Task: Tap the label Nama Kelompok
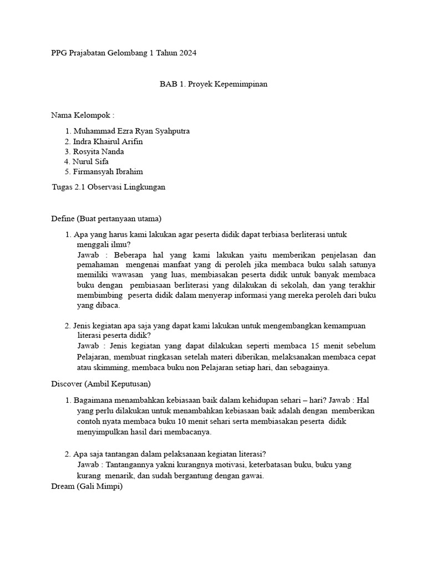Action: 83,115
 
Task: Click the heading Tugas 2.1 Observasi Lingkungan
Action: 108,187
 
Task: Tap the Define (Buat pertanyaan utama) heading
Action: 106,218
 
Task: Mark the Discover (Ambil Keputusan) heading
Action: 101,383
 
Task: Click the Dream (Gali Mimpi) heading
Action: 87,486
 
